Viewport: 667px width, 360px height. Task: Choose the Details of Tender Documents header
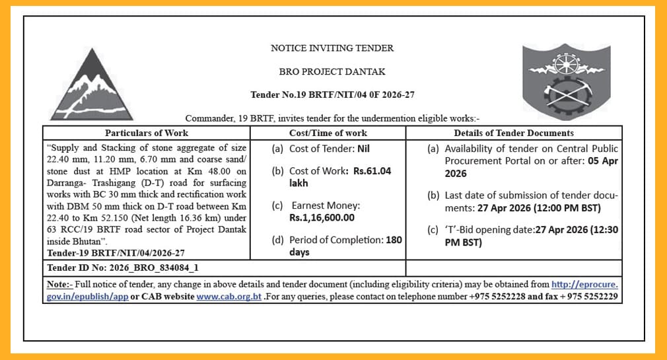[513, 133]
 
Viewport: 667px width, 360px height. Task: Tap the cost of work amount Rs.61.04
[372, 171]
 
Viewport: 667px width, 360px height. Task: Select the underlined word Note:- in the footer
[60, 285]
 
